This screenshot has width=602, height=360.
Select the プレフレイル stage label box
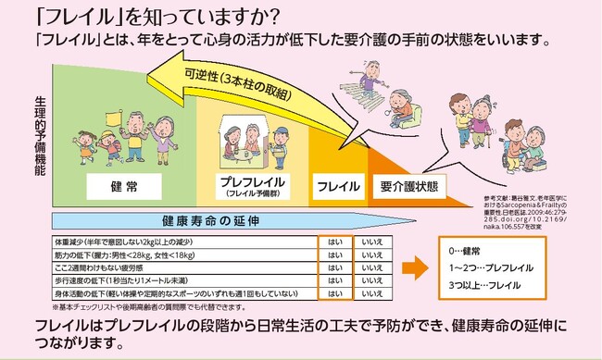[253, 187]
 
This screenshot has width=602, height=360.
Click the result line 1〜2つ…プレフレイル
[491, 267]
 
